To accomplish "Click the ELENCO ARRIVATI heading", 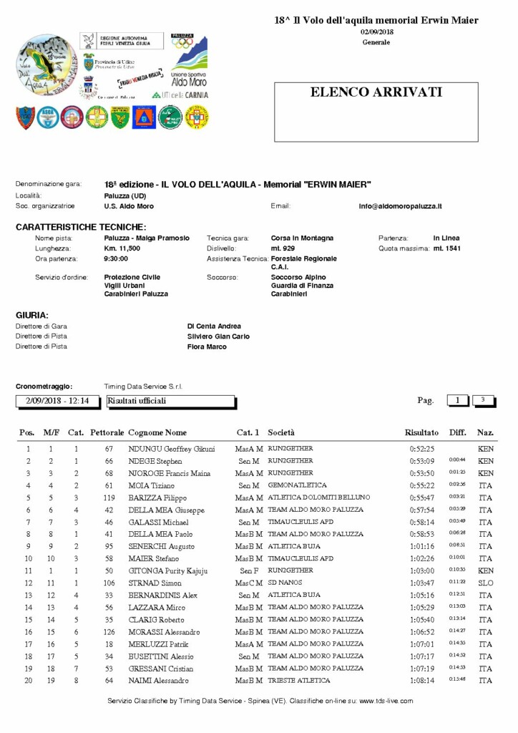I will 376,92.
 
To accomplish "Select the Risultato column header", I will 421,432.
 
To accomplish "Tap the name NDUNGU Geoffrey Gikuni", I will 171,449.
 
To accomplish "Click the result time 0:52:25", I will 421,449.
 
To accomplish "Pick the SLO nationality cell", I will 486,583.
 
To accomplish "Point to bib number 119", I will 109,497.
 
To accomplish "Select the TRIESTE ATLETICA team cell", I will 299,680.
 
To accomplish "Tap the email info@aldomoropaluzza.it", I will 400,206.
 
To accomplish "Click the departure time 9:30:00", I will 116,258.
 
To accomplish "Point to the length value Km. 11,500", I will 122,248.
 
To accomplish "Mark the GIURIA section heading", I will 32,315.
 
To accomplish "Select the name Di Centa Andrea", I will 214,326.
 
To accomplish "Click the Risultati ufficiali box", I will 170,401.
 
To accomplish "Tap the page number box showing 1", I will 457,400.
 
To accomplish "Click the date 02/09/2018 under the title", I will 376,32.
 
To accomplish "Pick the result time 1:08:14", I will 421,680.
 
